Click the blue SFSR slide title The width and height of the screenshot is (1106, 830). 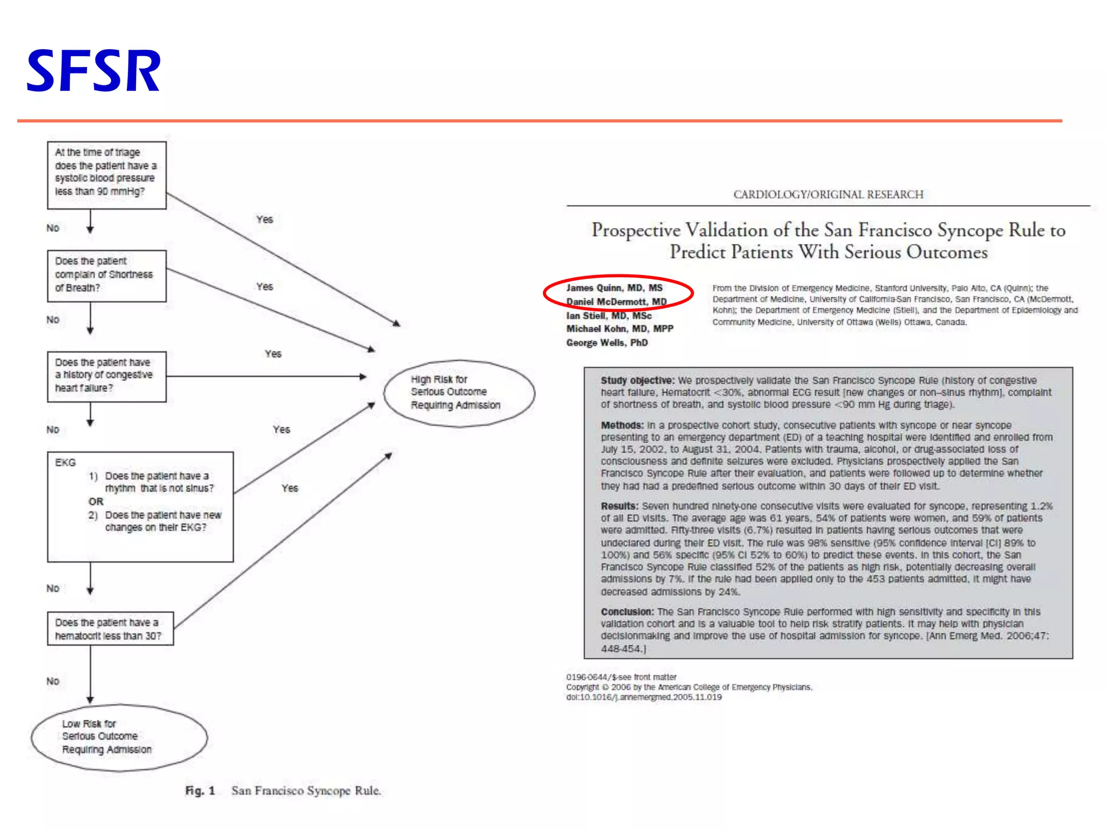coord(93,71)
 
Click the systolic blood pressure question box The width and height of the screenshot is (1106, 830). coord(106,175)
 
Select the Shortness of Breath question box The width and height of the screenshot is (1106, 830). coord(106,276)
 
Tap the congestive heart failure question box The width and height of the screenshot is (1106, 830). coord(106,376)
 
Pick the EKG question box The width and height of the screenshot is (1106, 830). coord(140,506)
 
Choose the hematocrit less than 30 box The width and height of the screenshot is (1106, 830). coord(110,628)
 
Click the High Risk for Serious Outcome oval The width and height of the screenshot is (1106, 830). coord(459,393)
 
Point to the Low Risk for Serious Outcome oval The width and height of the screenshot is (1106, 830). coord(119,737)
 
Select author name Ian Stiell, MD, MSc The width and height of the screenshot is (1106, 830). coord(609,316)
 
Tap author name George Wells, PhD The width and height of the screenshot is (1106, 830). coord(606,343)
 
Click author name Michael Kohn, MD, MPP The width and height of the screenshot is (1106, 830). coord(619,329)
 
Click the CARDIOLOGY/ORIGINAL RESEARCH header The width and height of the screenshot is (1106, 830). coord(828,195)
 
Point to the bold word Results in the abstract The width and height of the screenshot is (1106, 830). coord(619,506)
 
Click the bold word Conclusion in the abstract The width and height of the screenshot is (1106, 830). coord(626,612)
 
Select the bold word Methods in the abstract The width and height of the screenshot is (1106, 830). coord(622,425)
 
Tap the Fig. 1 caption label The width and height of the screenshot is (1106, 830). coord(200,791)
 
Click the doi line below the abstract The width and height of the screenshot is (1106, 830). coord(644,697)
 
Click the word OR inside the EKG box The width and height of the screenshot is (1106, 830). coord(96,501)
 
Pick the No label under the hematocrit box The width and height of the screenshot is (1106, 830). coord(53,681)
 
